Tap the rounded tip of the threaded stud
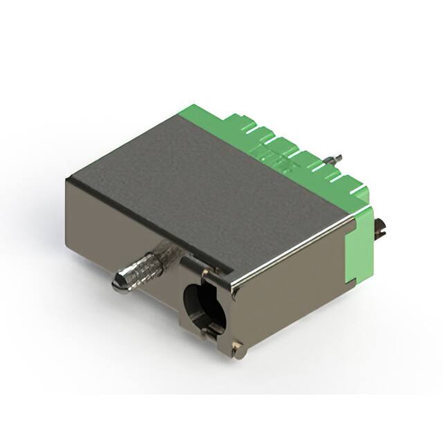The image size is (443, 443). coord(118,284)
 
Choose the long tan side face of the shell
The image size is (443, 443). coord(291,305)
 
